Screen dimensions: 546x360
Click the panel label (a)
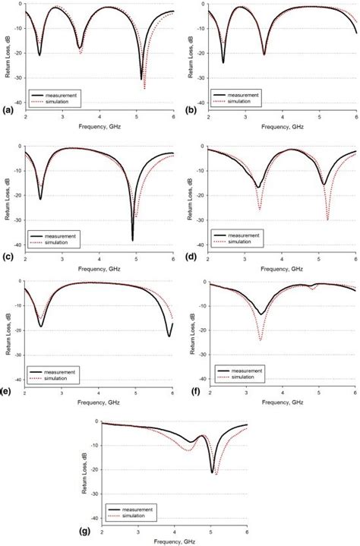coord(8,110)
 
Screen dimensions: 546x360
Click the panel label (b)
coord(190,110)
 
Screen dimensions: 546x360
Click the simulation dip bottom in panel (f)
coord(261,340)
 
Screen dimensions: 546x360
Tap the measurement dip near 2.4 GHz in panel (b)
coord(223,62)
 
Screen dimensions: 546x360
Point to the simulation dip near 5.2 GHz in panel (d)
coord(327,220)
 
